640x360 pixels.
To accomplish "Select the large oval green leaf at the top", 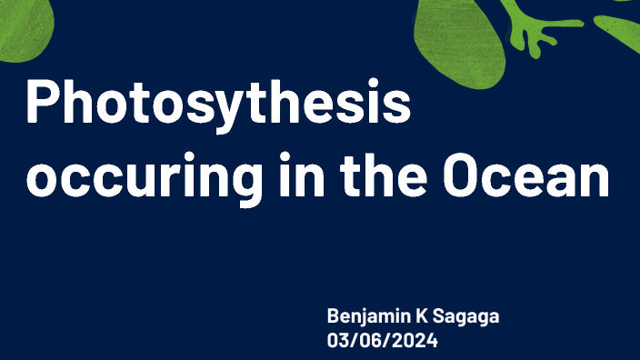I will pos(459,36).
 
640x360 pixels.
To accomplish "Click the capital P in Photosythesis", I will pos(42,103).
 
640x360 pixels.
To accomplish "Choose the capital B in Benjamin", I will pos(334,317).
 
